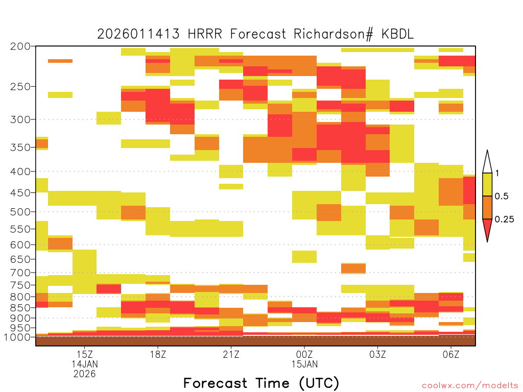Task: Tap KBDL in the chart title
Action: pos(397,34)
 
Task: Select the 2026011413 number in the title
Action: pos(138,34)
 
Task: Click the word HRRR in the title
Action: pos(205,34)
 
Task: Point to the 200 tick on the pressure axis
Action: pos(20,46)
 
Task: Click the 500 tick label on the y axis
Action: pos(20,212)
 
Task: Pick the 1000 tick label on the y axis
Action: pos(17,337)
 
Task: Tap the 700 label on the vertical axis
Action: pos(20,273)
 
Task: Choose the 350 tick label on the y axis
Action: pos(20,148)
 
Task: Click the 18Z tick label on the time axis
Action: pos(158,354)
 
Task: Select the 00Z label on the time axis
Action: pos(304,354)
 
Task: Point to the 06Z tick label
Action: pos(451,354)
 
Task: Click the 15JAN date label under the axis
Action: pos(304,364)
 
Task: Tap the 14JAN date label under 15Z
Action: pos(85,364)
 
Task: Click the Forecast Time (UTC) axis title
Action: pos(261,383)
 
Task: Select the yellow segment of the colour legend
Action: pos(487,184)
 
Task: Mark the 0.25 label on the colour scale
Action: pos(504,219)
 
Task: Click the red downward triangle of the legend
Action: pos(487,228)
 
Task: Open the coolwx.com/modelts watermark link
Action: pos(470,386)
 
